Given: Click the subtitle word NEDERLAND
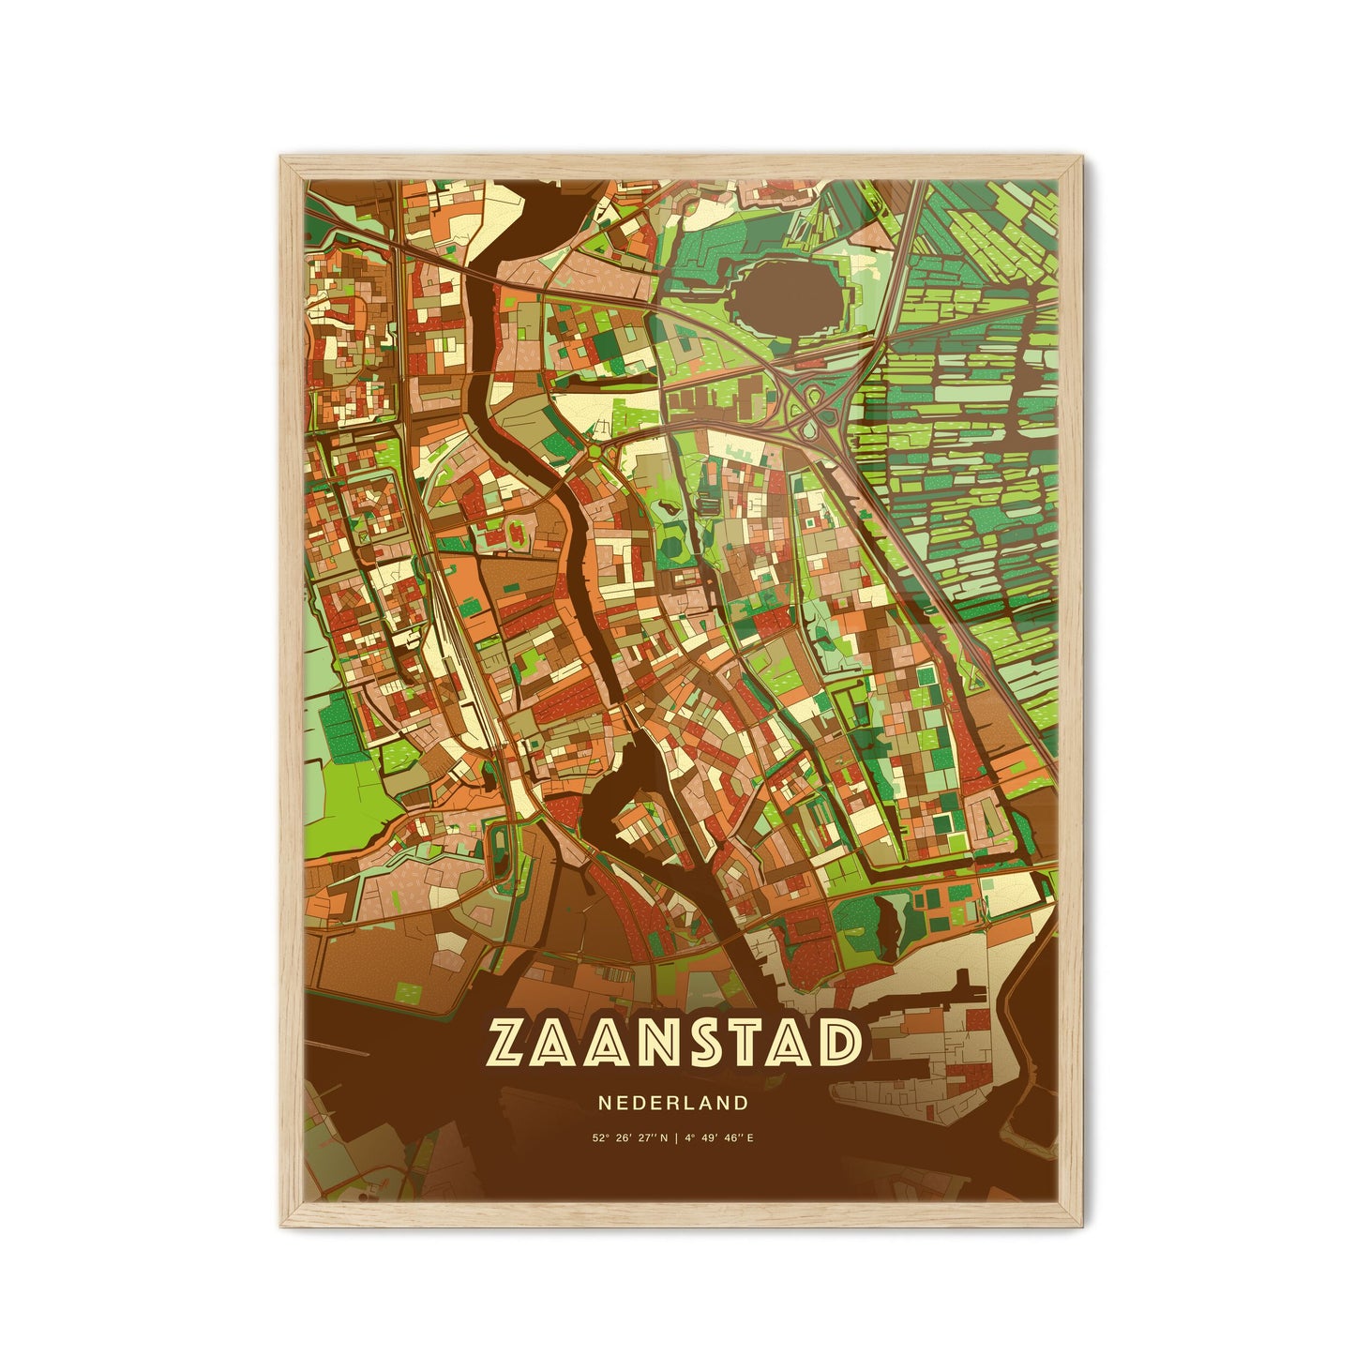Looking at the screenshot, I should click(x=672, y=1104).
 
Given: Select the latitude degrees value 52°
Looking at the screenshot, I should click(x=598, y=1140).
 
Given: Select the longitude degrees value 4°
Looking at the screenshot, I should click(x=690, y=1140).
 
